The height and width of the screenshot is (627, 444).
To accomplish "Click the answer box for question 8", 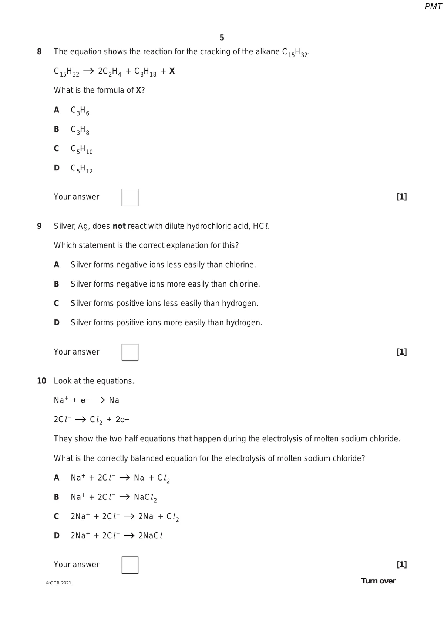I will (130, 197).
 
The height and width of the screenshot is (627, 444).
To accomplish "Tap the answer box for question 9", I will (130, 352).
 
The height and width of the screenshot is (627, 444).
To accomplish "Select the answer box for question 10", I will (130, 565).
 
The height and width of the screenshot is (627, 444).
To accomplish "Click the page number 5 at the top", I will (222, 38).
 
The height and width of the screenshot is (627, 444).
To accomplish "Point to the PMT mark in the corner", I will (433, 6).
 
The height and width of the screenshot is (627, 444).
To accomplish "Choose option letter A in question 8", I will (57, 110).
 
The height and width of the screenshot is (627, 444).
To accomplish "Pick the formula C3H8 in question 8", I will (80, 130).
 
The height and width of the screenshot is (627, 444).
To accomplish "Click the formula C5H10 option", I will (82, 149).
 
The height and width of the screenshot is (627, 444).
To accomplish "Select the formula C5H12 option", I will (82, 169).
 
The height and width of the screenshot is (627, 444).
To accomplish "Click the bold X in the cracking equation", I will (172, 71).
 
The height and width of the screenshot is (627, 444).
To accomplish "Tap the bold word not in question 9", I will (119, 226).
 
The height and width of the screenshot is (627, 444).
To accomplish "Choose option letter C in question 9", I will (57, 303).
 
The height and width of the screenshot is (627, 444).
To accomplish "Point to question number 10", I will (41, 381).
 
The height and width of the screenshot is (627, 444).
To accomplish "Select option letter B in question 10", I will (57, 497).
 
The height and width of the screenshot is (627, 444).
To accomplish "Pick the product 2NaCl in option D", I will (151, 536).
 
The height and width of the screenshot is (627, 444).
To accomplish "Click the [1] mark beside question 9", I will (401, 352).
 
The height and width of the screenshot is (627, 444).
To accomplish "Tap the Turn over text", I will (378, 581).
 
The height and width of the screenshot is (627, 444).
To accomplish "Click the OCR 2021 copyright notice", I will (58, 583).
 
